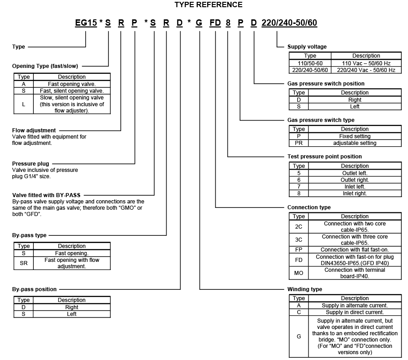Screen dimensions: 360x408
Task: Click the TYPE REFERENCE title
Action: click(x=208, y=5)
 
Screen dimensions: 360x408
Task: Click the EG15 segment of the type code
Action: click(x=86, y=22)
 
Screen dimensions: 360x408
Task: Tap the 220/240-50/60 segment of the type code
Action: click(x=289, y=22)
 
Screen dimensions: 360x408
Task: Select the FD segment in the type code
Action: click(x=215, y=22)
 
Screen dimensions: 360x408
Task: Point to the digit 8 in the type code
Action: click(x=228, y=22)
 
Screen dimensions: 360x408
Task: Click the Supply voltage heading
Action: click(x=307, y=47)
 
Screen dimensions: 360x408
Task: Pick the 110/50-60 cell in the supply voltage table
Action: click(x=310, y=63)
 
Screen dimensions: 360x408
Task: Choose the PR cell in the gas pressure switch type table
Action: click(x=299, y=143)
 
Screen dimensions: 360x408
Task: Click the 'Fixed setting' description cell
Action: click(x=355, y=136)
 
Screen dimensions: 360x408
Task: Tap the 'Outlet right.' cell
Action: click(x=355, y=180)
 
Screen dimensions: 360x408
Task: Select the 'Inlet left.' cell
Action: click(x=355, y=186)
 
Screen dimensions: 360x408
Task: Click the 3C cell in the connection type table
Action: click(x=299, y=239)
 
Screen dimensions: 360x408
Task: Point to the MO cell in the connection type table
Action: click(x=299, y=273)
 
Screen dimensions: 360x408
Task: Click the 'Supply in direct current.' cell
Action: click(x=355, y=312)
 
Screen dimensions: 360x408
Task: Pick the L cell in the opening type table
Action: click(x=23, y=104)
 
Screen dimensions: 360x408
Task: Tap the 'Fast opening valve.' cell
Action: click(x=72, y=84)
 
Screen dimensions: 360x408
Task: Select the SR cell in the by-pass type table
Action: click(x=23, y=263)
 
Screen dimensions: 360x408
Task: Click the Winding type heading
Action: click(x=304, y=289)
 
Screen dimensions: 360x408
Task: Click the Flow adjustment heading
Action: click(x=34, y=130)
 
